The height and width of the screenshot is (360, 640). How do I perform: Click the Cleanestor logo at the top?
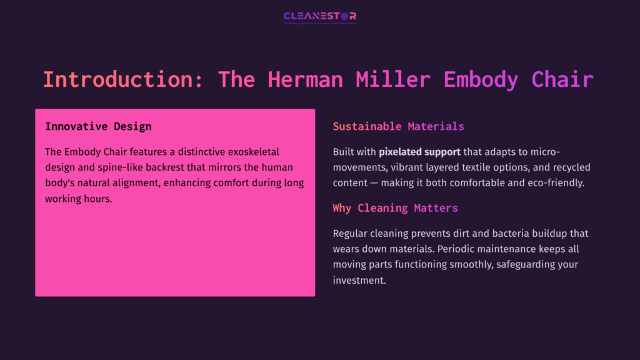[x=319, y=16]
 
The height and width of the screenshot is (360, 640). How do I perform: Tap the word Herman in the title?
[x=305, y=80]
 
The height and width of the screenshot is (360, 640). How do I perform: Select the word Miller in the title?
[x=392, y=80]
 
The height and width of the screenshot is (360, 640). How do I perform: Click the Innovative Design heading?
[x=98, y=126]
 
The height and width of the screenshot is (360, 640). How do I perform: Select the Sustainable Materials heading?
[x=398, y=126]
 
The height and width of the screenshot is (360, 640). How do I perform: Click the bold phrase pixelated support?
[x=419, y=152]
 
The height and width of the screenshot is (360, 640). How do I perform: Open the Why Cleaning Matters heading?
[x=395, y=207]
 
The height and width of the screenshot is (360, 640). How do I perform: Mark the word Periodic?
[x=457, y=249]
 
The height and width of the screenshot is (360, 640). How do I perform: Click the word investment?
[x=359, y=280]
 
